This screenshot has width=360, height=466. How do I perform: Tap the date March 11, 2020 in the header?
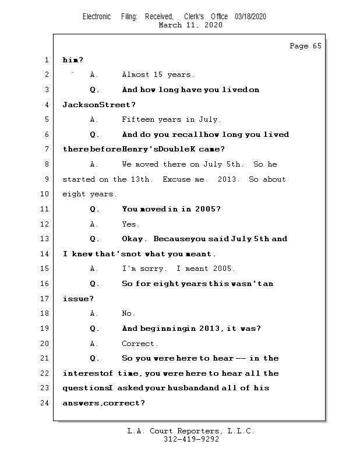point(190,25)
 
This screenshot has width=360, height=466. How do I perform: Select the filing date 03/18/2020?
point(250,17)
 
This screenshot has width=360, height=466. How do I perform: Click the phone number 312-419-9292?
point(191,439)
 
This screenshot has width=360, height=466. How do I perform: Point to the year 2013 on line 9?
point(227,179)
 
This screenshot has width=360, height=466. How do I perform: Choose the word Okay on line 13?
point(133,239)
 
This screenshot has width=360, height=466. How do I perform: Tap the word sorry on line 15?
point(152,269)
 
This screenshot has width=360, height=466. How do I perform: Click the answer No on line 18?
point(128,313)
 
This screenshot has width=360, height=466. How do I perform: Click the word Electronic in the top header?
point(97,17)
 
